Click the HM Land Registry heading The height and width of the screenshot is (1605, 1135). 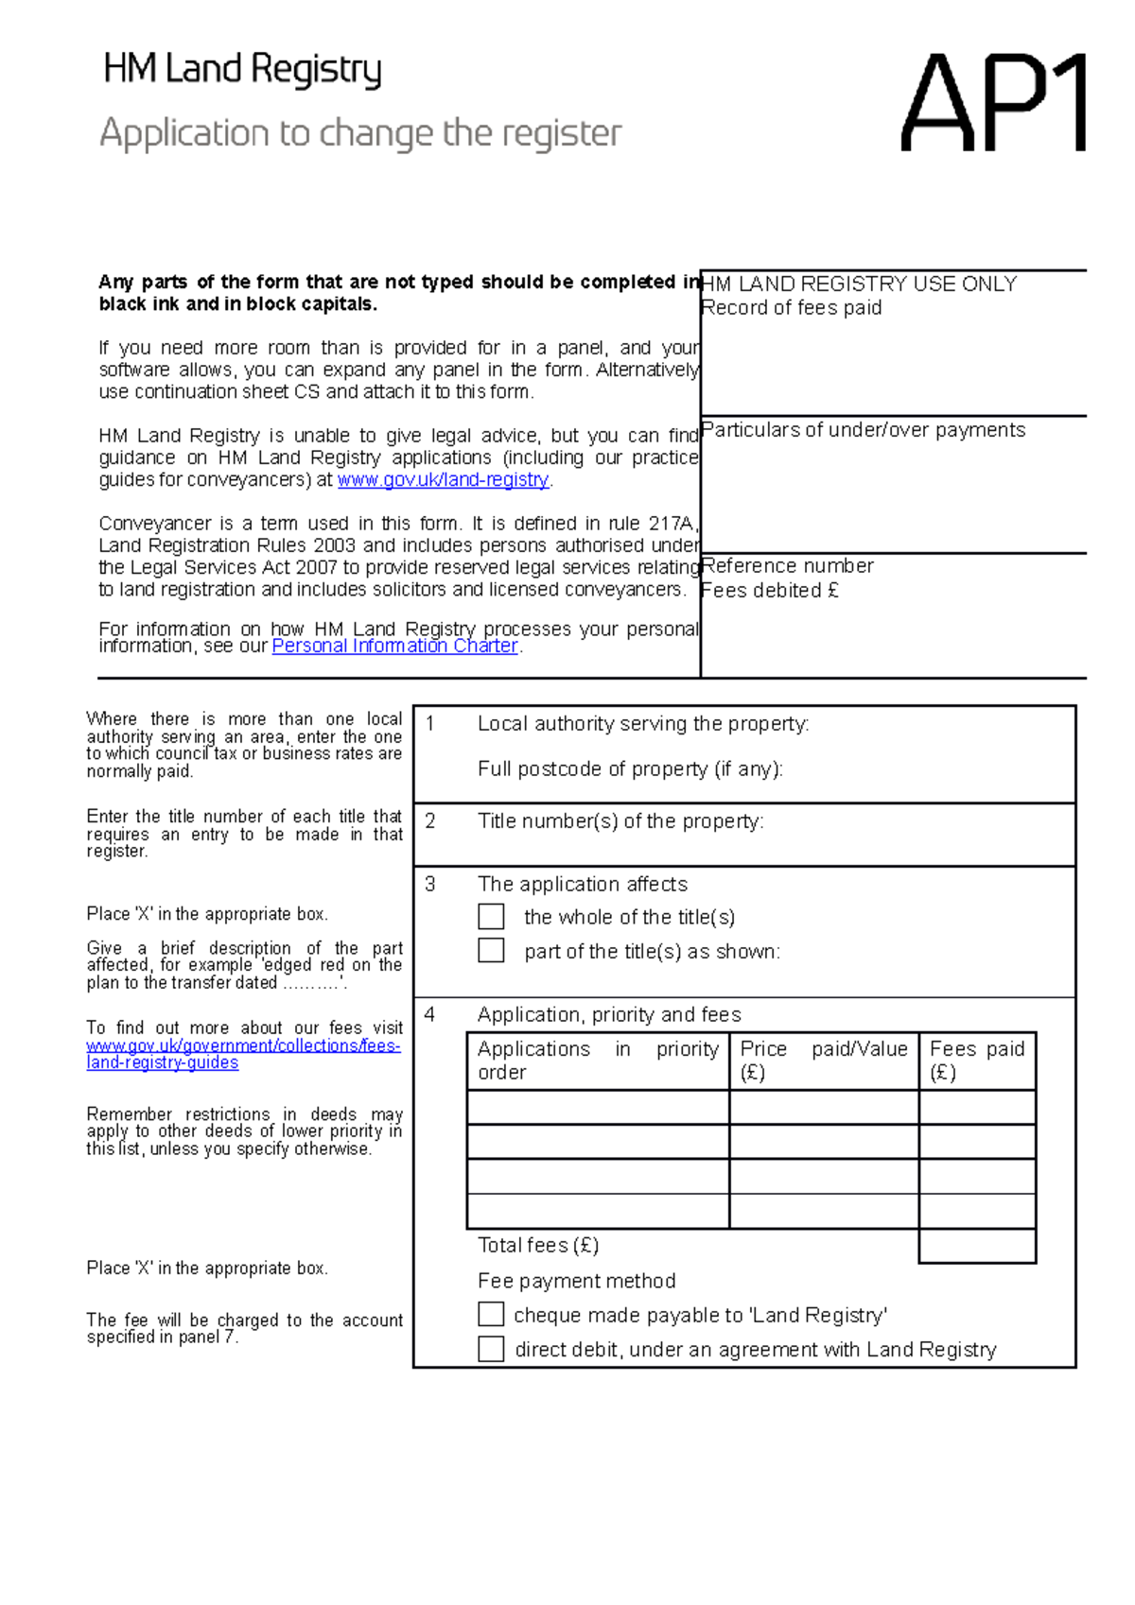[x=242, y=70]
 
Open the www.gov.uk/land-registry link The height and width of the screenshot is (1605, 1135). [x=443, y=480]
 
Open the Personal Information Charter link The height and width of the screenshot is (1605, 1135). [x=394, y=647]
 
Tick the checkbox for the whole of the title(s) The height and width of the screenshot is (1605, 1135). [x=491, y=917]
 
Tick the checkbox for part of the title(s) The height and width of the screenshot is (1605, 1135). [x=491, y=950]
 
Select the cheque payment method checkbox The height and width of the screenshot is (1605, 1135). [x=491, y=1315]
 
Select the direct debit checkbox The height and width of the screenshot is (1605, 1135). [x=491, y=1349]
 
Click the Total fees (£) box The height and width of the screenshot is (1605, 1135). [x=977, y=1246]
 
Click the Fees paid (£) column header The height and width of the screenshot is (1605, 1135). [x=977, y=1061]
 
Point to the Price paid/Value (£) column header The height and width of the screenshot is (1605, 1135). [x=823, y=1061]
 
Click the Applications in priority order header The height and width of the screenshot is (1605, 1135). [x=598, y=1061]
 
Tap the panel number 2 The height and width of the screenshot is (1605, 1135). [x=430, y=821]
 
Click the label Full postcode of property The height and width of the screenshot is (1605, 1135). [x=630, y=769]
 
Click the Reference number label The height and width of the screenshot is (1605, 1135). [x=788, y=566]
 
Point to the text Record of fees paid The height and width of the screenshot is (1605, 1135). [x=792, y=308]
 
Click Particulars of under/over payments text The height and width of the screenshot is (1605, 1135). [x=864, y=430]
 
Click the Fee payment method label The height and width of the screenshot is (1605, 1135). [x=576, y=1281]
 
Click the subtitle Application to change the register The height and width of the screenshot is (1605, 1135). [x=360, y=133]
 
